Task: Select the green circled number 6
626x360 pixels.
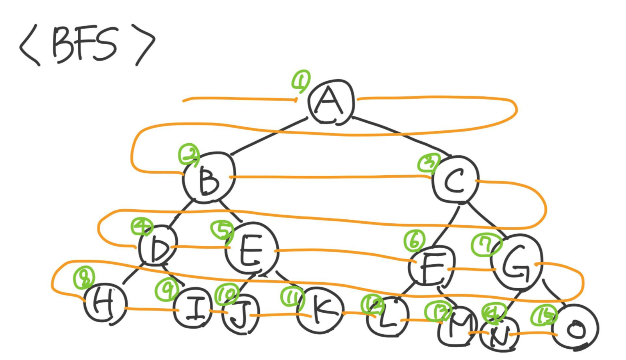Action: pos(415,241)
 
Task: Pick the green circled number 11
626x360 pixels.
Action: pos(292,297)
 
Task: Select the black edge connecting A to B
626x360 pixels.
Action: pos(269,136)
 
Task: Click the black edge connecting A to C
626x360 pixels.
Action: pos(402,135)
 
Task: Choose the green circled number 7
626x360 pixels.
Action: pos(486,245)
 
